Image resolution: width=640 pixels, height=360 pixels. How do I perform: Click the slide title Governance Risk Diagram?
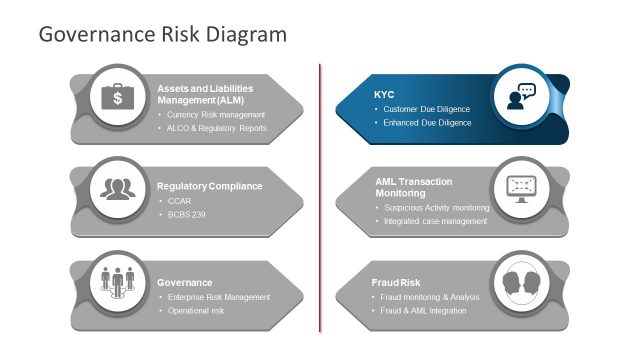(x=162, y=34)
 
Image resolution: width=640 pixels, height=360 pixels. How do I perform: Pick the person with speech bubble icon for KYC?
(x=521, y=96)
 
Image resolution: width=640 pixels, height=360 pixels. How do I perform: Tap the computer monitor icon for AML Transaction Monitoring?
(x=521, y=188)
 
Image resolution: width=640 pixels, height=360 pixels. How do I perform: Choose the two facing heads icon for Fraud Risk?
(x=521, y=281)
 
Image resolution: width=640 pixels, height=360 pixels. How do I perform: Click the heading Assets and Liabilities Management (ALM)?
(x=205, y=95)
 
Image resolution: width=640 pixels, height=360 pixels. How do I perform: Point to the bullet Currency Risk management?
(x=216, y=114)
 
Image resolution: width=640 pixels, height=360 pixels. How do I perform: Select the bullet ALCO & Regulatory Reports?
(x=218, y=128)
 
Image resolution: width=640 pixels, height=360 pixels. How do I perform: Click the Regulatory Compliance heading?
(x=209, y=186)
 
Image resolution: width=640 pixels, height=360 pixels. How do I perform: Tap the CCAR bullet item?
(x=180, y=201)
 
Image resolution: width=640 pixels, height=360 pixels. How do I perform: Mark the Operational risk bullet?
(x=196, y=311)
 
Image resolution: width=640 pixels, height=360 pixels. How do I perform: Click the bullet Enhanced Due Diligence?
(x=427, y=123)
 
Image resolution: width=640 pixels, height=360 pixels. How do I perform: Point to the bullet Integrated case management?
(x=435, y=221)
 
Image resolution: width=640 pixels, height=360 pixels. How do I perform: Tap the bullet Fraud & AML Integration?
(x=425, y=311)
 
